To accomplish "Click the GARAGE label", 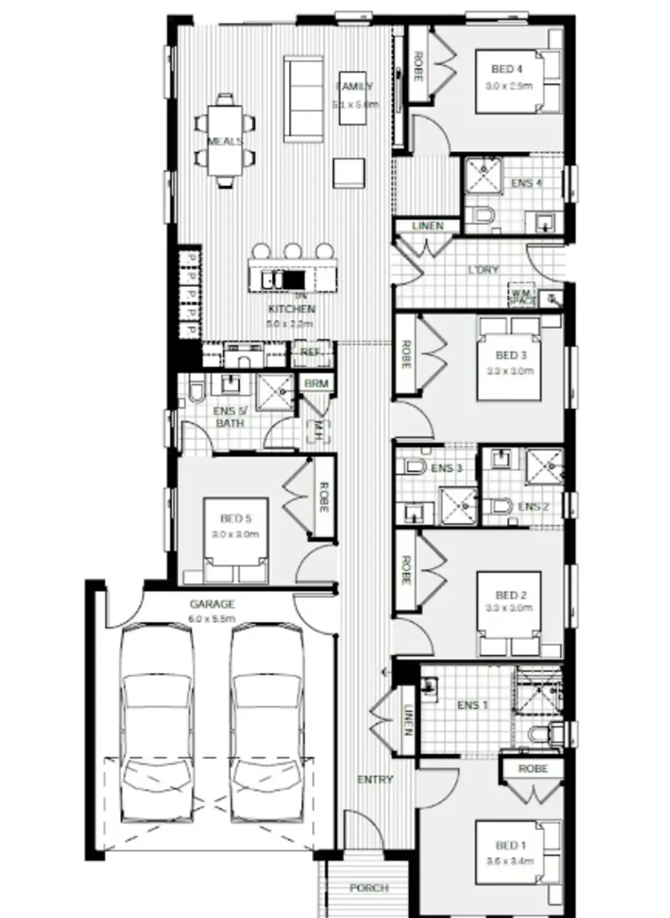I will click(x=212, y=604).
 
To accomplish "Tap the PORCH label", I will click(x=369, y=887).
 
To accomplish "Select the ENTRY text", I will click(x=374, y=779).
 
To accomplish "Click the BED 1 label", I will click(x=510, y=845).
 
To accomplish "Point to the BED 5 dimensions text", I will click(x=236, y=534).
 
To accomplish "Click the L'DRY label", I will click(x=483, y=269).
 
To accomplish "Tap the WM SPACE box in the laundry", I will click(x=523, y=297).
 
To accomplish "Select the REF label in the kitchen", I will click(x=310, y=353).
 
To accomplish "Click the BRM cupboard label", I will click(x=316, y=384).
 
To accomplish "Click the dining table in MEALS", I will click(x=225, y=141).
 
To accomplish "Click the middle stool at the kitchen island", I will click(x=292, y=251).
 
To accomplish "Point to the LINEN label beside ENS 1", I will click(x=408, y=720).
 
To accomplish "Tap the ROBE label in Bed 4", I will click(x=418, y=67).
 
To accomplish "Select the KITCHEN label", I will click(x=292, y=309).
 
